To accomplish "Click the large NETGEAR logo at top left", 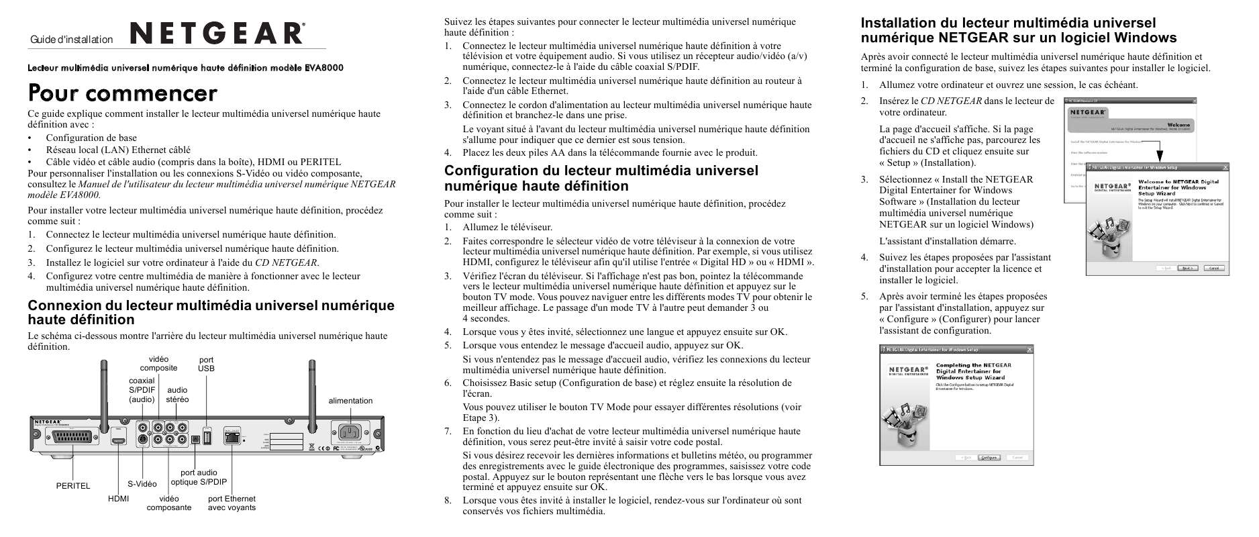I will point(215,33).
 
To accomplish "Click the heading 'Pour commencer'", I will point(122,93).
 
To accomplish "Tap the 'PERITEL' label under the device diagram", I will point(72,486).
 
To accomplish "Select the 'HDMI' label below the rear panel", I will point(118,499).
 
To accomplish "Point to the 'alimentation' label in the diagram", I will point(350,401).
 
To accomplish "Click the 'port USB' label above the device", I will point(206,364).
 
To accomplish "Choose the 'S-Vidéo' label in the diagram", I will point(142,484).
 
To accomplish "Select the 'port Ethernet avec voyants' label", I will point(232,503).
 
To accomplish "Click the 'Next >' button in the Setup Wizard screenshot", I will point(1187,268).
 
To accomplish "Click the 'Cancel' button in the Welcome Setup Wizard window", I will point(1214,268).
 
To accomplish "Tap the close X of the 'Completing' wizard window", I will point(1029,350).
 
